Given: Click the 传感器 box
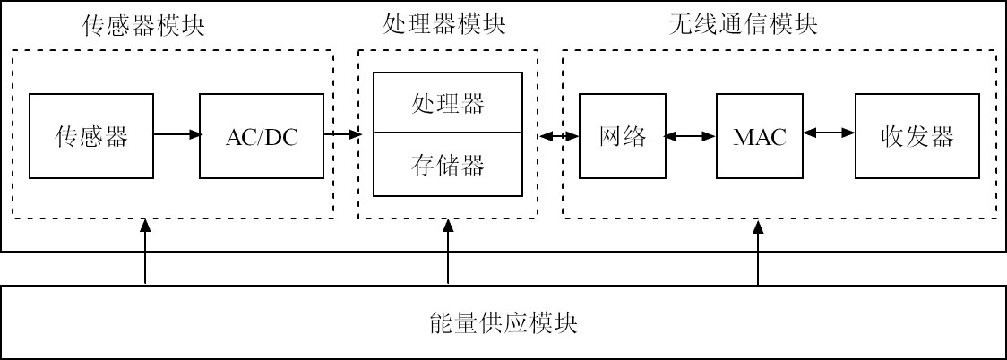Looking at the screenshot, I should point(91,136).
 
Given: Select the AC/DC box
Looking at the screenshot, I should point(262,136).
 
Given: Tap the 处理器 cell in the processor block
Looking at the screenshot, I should point(448,103).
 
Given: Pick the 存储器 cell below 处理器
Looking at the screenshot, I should point(448,165).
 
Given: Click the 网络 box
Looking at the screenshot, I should point(622,136).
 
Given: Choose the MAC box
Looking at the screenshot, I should point(759,136).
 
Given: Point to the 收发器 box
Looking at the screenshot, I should point(917,136).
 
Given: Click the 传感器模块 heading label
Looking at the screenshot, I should point(143,25).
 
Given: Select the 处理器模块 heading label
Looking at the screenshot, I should point(444,25).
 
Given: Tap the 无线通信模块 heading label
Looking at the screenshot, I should point(743,25).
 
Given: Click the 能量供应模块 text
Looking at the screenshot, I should point(503,322).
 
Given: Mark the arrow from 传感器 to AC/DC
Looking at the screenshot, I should point(176,135).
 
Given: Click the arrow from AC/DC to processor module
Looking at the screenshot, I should point(341,135).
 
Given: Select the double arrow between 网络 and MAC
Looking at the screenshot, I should point(690,136).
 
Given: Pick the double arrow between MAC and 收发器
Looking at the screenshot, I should point(829,133).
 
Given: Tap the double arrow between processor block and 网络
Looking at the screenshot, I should point(558,136).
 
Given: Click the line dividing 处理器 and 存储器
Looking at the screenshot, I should point(448,133).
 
